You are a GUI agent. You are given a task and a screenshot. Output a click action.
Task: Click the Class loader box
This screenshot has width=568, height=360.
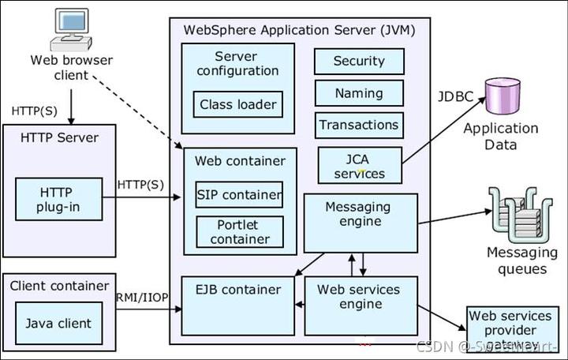pos(237,104)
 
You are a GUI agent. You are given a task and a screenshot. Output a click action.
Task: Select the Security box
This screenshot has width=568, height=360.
pos(359,62)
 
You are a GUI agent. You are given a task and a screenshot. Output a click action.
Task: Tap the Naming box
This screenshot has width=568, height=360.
pos(359,93)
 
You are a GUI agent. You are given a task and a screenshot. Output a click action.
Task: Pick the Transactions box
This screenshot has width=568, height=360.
pos(359,125)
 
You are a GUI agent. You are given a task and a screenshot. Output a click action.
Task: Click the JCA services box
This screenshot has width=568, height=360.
pos(359,165)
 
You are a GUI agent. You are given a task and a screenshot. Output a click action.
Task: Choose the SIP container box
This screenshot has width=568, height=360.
pos(239,195)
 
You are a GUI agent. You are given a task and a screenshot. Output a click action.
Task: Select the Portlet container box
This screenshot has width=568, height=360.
pos(239,231)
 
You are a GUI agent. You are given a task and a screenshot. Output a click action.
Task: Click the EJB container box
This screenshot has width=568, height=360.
pos(238,305)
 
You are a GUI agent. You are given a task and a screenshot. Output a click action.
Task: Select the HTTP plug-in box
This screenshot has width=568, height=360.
pos(59,199)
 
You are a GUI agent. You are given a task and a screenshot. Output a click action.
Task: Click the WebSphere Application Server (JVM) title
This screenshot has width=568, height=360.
pos(299,30)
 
